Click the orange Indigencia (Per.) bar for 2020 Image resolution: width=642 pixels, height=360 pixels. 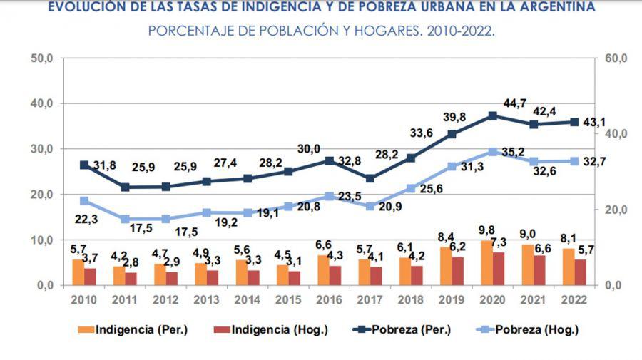pos(486,263)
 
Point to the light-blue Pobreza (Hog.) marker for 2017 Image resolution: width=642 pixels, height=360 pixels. pos(370,207)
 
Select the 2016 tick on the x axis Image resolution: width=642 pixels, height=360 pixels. pos(328,299)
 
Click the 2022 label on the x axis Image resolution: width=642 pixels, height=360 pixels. pos(574,299)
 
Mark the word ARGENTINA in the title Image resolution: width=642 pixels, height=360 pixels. pos(552,8)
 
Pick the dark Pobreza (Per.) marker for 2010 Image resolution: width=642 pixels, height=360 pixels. pos(84,165)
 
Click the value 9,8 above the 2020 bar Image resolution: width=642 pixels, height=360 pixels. pos(484,231)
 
